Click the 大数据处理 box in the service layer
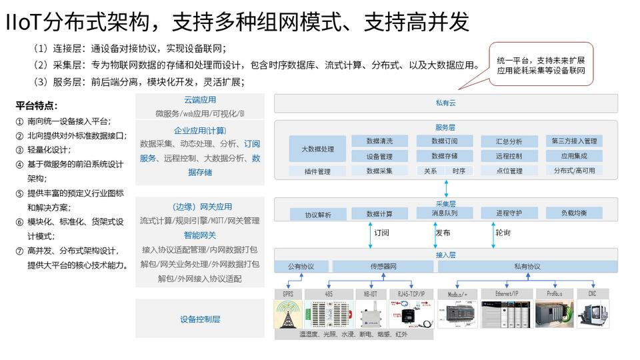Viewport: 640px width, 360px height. click(318, 149)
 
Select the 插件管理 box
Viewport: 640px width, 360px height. click(318, 171)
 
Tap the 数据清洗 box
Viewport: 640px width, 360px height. click(379, 141)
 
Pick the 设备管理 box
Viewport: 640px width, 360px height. click(379, 157)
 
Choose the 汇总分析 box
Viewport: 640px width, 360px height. click(509, 141)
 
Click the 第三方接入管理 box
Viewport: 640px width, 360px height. click(574, 141)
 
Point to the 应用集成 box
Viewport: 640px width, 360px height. click(574, 157)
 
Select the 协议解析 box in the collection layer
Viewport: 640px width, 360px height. click(318, 215)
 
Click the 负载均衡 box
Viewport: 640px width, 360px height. click(574, 213)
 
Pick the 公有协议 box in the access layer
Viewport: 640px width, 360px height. click(301, 267)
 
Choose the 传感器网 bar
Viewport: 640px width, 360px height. click(384, 267)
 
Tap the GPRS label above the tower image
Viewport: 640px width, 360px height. click(288, 294)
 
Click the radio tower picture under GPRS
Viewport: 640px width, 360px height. click(288, 314)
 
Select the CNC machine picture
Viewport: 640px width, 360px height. click(593, 314)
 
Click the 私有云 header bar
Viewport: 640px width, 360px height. click(445, 103)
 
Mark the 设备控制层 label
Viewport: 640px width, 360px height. click(200, 319)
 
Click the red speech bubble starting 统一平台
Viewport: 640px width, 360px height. click(541, 65)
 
